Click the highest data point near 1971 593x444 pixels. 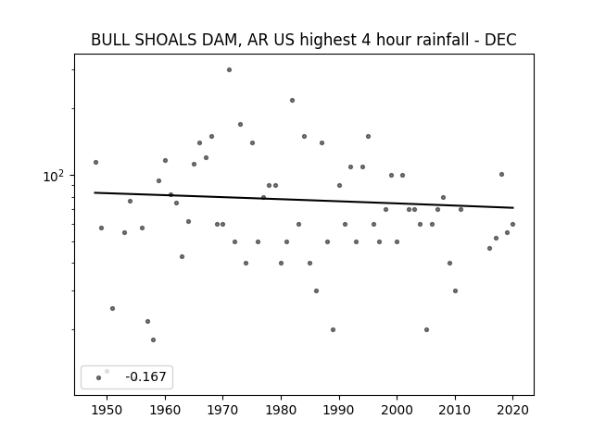(x=229, y=70)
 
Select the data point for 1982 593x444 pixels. (x=293, y=101)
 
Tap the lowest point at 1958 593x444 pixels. (x=153, y=339)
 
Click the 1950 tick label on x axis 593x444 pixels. (x=107, y=410)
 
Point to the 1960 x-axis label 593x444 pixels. (x=165, y=410)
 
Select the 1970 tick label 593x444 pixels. (x=223, y=410)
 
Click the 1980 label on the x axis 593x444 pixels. (x=281, y=410)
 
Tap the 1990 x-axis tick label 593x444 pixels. (x=339, y=410)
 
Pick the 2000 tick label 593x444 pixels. (x=397, y=410)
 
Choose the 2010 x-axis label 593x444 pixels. (x=455, y=410)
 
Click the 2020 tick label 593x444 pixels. (x=512, y=410)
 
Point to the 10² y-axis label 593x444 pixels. (x=54, y=176)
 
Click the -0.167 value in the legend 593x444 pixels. (x=145, y=376)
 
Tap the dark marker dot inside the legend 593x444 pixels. (x=99, y=378)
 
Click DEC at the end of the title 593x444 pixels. (x=500, y=40)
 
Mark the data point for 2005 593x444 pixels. (x=426, y=329)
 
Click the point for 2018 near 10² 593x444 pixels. (x=501, y=175)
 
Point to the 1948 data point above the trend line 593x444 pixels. (x=95, y=163)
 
